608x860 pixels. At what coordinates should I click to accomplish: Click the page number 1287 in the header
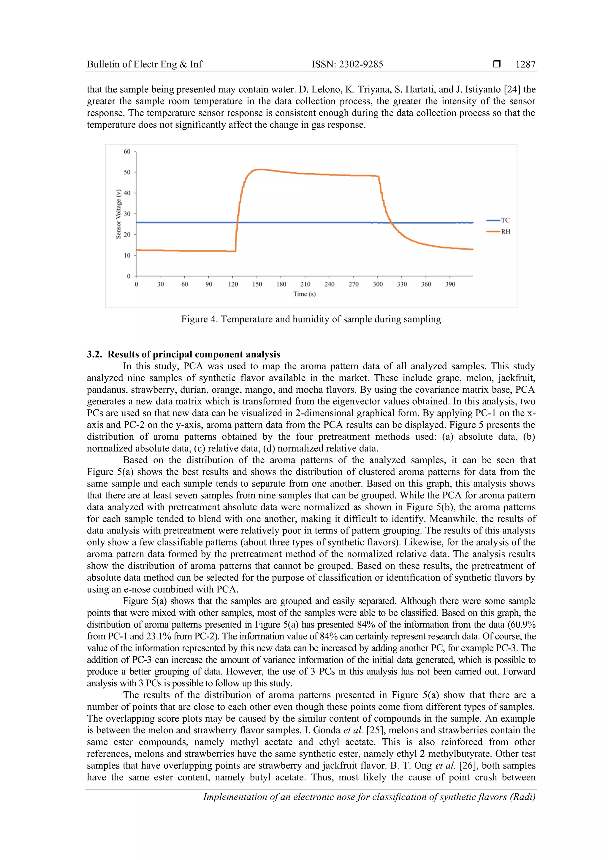(525, 64)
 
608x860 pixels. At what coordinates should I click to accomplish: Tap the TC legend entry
(505, 220)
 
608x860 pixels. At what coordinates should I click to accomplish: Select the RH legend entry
(505, 232)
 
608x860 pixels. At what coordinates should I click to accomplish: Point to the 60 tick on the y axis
(127, 151)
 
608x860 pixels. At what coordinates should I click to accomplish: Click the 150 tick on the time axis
(257, 284)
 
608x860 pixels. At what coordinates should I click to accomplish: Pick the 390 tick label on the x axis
(450, 284)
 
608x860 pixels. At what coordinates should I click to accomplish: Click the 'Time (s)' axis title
(304, 294)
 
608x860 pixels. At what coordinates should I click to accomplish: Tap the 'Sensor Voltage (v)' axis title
(118, 214)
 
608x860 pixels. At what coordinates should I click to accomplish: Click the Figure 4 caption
(311, 319)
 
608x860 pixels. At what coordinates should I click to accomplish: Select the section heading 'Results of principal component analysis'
(194, 354)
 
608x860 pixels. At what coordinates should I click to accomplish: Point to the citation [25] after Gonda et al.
(374, 730)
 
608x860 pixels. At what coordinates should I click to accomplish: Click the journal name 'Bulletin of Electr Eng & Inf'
(144, 64)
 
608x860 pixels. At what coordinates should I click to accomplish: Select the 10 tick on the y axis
(127, 256)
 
